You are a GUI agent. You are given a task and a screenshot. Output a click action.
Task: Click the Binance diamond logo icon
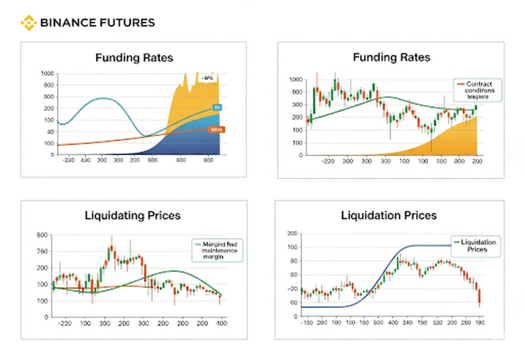point(28,23)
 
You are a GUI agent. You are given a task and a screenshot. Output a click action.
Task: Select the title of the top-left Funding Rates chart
point(134,58)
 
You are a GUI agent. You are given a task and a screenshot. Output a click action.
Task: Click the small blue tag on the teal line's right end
point(216,107)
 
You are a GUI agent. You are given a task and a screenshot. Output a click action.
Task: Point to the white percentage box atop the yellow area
point(208,79)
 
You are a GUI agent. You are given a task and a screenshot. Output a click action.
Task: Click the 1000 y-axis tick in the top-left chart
point(47,73)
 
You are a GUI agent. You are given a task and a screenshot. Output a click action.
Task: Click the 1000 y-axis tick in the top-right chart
point(295,79)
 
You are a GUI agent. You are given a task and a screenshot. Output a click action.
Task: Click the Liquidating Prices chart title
point(134,215)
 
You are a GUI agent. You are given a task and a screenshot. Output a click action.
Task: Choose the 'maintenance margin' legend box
point(219,249)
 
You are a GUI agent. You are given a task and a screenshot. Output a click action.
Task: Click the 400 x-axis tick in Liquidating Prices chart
point(221,323)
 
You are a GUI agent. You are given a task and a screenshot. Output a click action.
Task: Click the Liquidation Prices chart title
point(388,215)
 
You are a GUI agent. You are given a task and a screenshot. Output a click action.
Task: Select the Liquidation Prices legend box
point(474,245)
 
